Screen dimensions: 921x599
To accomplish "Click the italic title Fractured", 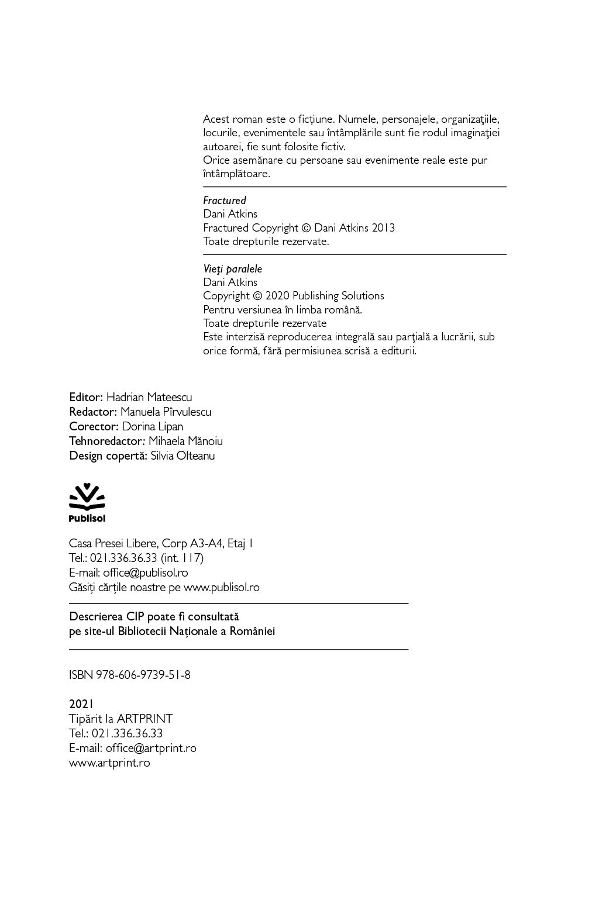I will click(225, 201).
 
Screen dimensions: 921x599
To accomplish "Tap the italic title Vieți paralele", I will click(233, 269).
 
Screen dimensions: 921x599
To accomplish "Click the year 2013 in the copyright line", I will click(383, 228).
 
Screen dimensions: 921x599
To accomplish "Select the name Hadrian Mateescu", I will click(149, 398).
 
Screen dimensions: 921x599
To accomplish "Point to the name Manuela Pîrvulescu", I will click(166, 412).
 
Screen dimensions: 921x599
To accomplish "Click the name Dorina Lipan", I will click(153, 427).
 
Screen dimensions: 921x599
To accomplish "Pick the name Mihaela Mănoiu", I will click(185, 441).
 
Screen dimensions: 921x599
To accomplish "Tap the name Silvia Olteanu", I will click(183, 456).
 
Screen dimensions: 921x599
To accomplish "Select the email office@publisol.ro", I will click(146, 573).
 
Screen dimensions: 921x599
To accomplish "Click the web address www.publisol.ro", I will click(222, 588).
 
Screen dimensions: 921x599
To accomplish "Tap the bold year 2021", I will click(81, 704).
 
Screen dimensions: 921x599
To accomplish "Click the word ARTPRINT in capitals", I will click(144, 719).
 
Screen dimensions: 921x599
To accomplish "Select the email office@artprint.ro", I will click(151, 748).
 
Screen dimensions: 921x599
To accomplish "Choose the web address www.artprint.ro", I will click(109, 763).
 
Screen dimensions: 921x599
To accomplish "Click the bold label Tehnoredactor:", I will click(107, 441).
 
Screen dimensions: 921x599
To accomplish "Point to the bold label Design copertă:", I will click(108, 456).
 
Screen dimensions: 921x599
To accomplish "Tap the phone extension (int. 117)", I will click(182, 558).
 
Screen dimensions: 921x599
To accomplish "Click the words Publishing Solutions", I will click(338, 296).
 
